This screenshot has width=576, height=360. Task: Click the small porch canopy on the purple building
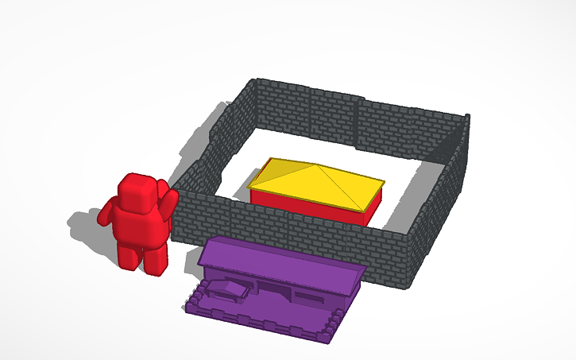[226, 287]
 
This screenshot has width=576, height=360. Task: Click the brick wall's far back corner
[254, 83]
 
